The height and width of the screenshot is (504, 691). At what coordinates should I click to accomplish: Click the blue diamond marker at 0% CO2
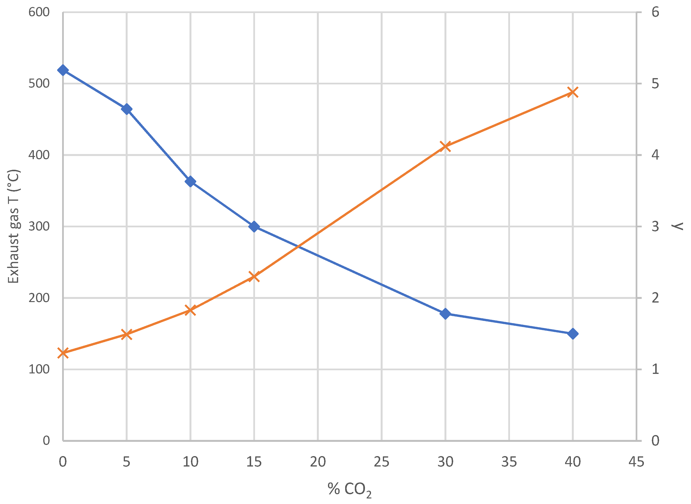(63, 70)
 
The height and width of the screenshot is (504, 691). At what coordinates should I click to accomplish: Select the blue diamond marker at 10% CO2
(190, 182)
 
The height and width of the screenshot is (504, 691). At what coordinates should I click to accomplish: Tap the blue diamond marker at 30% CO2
(446, 314)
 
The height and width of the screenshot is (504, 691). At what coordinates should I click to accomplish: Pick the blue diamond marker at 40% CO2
(573, 334)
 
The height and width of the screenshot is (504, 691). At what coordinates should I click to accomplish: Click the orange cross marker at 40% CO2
(573, 92)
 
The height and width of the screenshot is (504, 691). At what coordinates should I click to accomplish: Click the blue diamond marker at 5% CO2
(127, 109)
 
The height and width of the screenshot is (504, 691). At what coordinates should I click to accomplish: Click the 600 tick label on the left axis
(39, 13)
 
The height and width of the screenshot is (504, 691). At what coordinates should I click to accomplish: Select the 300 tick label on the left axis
(39, 227)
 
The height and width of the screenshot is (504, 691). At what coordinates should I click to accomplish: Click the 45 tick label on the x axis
(636, 462)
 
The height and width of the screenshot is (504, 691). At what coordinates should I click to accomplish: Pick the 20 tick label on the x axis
(318, 462)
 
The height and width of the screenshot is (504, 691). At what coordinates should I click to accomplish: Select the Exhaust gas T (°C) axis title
(14, 227)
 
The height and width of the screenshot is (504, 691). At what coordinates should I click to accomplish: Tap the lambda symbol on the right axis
(678, 227)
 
